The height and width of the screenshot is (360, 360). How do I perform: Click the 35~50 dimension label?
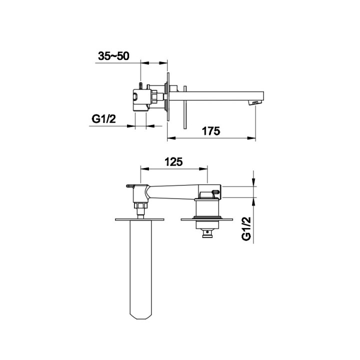pos(113,56)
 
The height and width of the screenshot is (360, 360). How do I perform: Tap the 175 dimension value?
pos(211,131)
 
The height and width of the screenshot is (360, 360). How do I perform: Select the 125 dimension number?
pos(173,162)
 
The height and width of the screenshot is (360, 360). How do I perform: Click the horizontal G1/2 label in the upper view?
pos(104,119)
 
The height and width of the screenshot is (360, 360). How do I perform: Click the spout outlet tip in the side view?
pos(255,103)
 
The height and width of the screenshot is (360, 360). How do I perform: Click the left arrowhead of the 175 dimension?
pos(171,138)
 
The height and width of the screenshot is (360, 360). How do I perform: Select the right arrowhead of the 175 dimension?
pos(251,138)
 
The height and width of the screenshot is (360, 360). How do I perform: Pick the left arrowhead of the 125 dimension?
pos(144,169)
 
